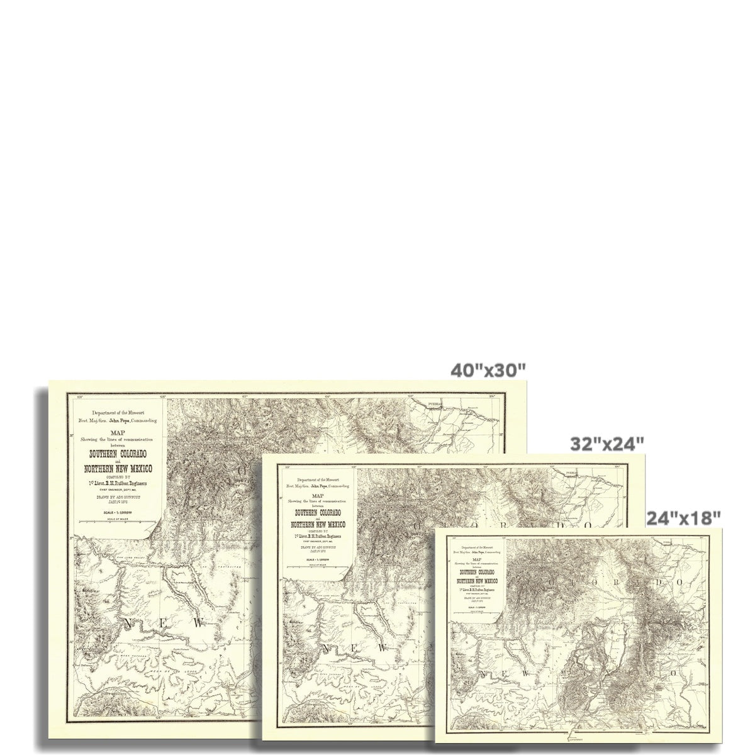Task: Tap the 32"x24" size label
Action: click(607, 444)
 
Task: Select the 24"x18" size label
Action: click(683, 518)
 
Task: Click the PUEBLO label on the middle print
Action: click(571, 472)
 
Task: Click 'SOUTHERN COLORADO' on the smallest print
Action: click(476, 572)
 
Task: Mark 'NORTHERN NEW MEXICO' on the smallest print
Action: click(476, 581)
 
